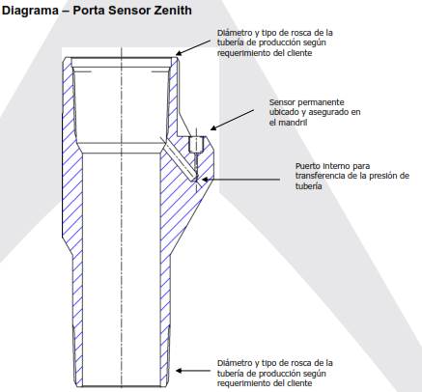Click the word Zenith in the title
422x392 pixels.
(x=173, y=10)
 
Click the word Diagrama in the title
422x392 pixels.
(x=30, y=11)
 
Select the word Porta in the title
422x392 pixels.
(x=89, y=10)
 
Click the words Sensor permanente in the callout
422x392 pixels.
(x=307, y=102)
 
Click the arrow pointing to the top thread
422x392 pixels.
(x=193, y=47)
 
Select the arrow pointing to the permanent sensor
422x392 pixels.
(x=232, y=120)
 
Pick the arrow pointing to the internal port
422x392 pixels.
(x=240, y=180)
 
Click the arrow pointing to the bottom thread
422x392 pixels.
(x=193, y=371)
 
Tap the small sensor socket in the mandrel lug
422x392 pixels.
(x=196, y=144)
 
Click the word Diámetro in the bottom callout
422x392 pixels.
(x=235, y=363)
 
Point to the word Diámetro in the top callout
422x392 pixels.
(x=235, y=33)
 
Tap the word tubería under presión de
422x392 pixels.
(x=309, y=186)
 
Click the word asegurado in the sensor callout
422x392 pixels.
(x=325, y=112)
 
